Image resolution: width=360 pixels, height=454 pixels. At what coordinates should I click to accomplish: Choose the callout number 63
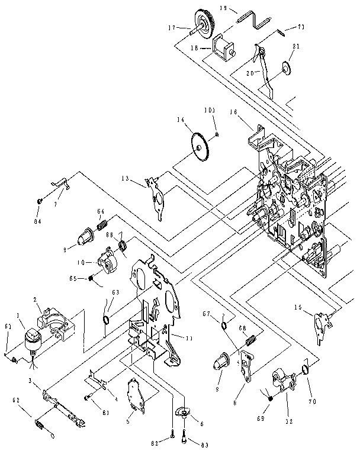click(115, 292)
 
